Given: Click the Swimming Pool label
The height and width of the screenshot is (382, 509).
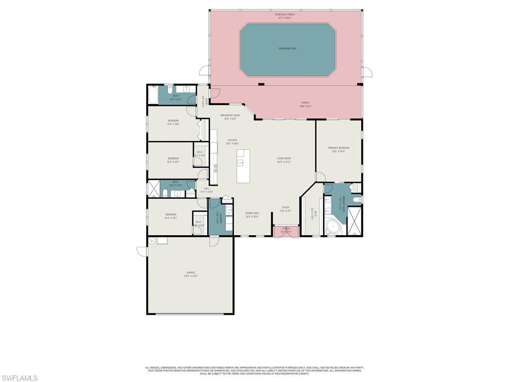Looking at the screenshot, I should click(287, 48).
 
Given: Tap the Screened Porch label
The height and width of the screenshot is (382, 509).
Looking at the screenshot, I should click(285, 14).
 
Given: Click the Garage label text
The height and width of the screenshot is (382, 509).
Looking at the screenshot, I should click(191, 273).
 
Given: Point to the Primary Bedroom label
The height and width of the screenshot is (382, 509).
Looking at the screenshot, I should click(339, 148).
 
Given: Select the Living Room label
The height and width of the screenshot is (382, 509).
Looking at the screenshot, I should click(284, 159).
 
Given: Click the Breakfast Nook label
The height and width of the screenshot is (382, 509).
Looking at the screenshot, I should click(230, 115).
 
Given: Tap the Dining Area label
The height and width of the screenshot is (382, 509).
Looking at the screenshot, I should click(252, 213).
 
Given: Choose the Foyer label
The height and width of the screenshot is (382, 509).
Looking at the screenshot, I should click(285, 208).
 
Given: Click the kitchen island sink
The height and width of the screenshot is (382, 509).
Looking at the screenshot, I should click(241, 162).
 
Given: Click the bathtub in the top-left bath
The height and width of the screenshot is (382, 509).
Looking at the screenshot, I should click(153, 95).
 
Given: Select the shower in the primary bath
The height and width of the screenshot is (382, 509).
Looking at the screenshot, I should click(355, 220).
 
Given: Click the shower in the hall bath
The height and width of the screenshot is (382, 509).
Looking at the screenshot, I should click(154, 190).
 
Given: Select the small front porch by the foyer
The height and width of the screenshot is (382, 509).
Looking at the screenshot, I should click(286, 230).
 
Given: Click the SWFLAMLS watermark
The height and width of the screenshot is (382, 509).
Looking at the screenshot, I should click(19, 378).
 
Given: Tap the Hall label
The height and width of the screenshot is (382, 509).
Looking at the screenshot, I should click(206, 189).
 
